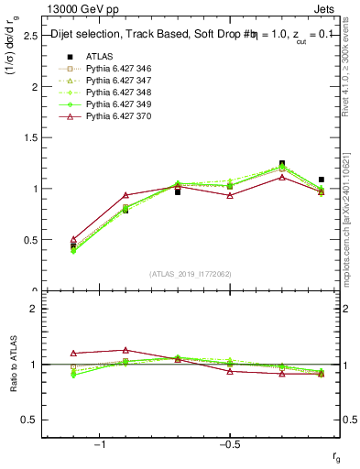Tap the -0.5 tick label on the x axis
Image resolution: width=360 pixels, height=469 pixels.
(228, 444)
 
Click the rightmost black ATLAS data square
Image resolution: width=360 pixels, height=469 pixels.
(321, 180)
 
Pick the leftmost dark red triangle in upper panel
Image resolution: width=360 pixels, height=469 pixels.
(73, 239)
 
